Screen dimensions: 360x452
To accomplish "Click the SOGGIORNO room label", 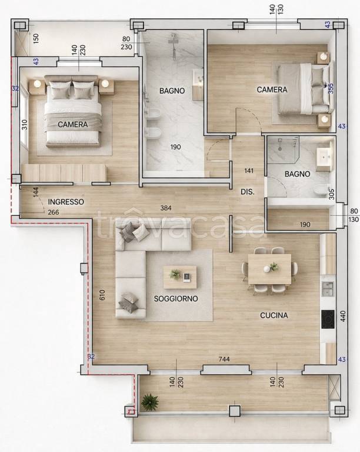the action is pos(176,298).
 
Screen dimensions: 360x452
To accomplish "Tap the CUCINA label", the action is pos(274,315).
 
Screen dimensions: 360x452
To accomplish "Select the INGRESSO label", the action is pos(66,202).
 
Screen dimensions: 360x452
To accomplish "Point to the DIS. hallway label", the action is pos(248,192).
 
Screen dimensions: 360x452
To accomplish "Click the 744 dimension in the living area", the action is pos(224,359).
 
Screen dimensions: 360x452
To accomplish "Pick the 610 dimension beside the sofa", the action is pos(102,295).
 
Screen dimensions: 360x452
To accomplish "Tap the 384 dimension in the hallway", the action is pos(166,208).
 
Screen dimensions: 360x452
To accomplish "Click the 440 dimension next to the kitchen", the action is pos(343,316).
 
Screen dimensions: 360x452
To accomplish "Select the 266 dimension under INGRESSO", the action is pos(54,212).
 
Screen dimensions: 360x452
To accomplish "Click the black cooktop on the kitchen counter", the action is pos(328,319).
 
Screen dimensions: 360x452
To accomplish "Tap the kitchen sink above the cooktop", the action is pos(328,289).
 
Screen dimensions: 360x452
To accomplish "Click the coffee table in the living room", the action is pos(180,277).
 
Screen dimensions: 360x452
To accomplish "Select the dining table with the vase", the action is pos(269,269).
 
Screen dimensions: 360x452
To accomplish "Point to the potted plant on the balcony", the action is pos(150,402).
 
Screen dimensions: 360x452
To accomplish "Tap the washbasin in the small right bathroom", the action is pos(325,157).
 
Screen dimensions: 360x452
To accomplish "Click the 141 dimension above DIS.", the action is pos(249,171).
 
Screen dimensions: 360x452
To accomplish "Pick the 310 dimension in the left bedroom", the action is pos(25,125).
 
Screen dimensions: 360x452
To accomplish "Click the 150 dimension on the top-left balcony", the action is pos(36,38).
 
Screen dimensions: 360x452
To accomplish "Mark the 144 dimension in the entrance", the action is pos(36,192).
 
